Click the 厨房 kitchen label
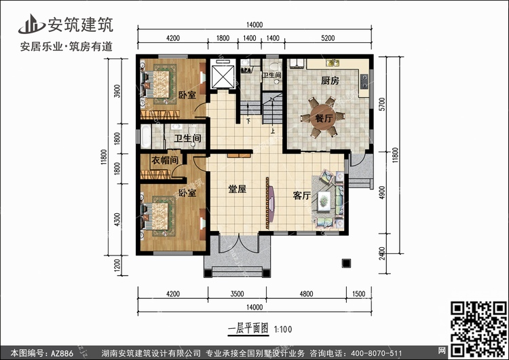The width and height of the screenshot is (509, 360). click(x=330, y=80)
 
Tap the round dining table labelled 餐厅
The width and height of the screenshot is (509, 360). click(x=323, y=117)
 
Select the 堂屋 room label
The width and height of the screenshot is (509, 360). click(x=238, y=189)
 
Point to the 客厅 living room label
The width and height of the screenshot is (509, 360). click(x=302, y=195)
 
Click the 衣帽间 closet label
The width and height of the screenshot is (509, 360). click(x=165, y=160)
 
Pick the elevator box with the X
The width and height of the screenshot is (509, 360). click(x=223, y=76)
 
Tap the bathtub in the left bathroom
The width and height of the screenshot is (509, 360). click(x=146, y=137)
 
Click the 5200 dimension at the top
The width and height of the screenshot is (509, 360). click(x=328, y=38)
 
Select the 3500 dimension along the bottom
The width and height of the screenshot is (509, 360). click(x=237, y=293)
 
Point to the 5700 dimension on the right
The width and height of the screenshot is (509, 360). click(x=382, y=105)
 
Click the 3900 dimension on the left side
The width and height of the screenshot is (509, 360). click(x=117, y=91)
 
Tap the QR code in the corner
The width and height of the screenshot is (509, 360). click(x=478, y=329)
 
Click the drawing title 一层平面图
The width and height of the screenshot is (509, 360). click(x=248, y=329)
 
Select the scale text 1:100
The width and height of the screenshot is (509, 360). click(x=283, y=329)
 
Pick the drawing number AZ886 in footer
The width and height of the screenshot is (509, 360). click(x=62, y=353)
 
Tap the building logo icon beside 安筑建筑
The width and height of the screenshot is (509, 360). click(x=31, y=24)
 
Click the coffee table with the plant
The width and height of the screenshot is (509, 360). click(x=324, y=201)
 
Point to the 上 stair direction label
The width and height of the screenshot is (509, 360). click(x=273, y=132)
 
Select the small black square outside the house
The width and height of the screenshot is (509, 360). click(x=346, y=263)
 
